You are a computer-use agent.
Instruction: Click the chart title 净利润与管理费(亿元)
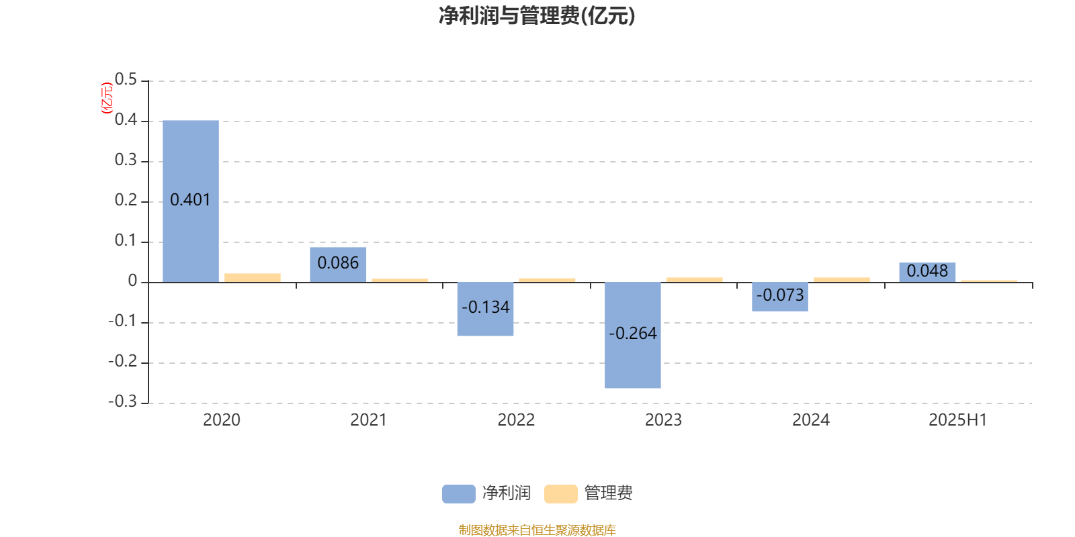pos(537,15)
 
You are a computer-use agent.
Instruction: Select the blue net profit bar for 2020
pos(191,201)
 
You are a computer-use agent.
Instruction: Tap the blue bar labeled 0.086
pos(338,264)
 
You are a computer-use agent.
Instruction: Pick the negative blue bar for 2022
pos(485,309)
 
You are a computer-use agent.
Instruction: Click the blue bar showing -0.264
pos(632,335)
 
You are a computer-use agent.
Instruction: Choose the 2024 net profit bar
pos(780,297)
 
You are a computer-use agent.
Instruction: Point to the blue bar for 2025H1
pos(927,273)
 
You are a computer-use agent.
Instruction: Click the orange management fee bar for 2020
pos(253,278)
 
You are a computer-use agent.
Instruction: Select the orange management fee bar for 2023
pos(695,280)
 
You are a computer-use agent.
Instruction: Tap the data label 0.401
pos(190,200)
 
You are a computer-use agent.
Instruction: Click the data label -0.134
pos(486,307)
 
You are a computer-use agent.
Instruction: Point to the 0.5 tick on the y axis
pos(126,80)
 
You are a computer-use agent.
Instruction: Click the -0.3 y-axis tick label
pos(122,401)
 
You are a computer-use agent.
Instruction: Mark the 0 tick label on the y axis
pos(132,281)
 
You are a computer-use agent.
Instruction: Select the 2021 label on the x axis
pos(368,420)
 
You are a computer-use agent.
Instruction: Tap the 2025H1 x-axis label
pos(958,420)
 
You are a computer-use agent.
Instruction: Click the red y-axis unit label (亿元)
pos(107,98)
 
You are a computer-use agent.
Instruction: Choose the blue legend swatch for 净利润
pos(459,494)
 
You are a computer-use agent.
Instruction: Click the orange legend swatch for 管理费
pos(561,494)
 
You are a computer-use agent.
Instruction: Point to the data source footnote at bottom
pos(537,530)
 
